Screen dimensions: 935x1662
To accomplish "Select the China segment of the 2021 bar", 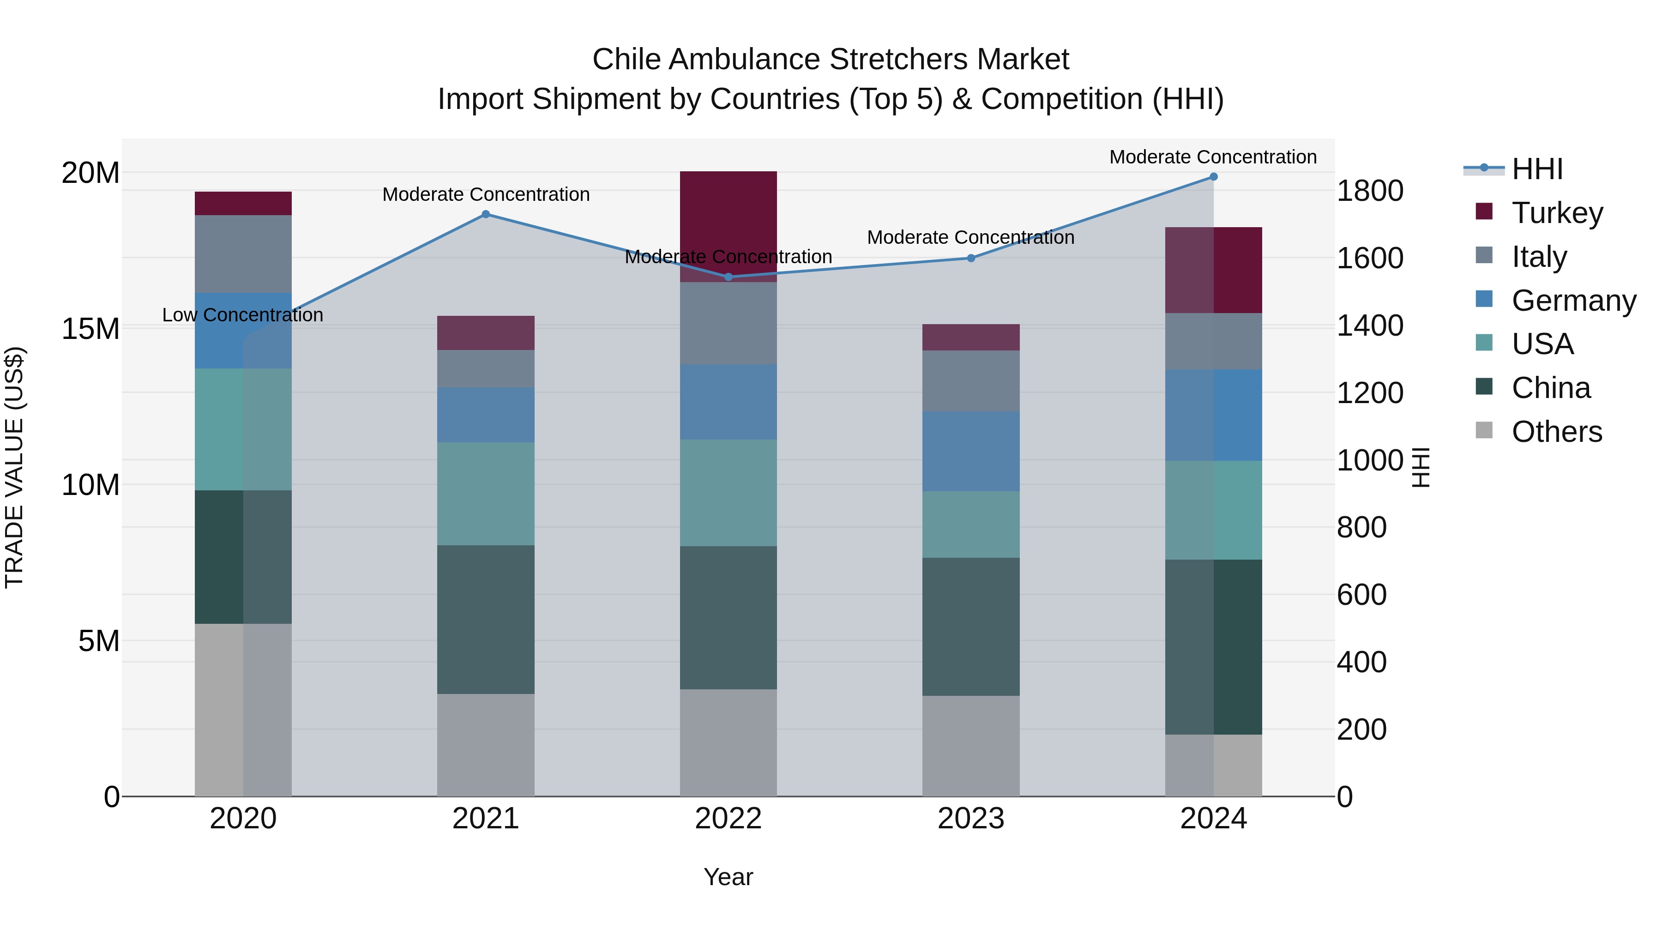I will pyautogui.click(x=486, y=620).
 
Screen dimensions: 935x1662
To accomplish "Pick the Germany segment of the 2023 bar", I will pyautogui.click(x=970, y=451).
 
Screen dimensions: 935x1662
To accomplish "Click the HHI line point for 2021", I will pyautogui.click(x=486, y=214).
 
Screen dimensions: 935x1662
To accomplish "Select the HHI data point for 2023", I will pyautogui.click(x=970, y=258).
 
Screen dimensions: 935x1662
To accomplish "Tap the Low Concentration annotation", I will pyautogui.click(x=242, y=315).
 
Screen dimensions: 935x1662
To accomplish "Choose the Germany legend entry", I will pyautogui.click(x=1573, y=301).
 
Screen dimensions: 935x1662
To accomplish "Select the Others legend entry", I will pyautogui.click(x=1556, y=432).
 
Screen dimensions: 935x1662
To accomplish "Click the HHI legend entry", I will pyautogui.click(x=1537, y=169).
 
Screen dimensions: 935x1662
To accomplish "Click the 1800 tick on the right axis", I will pyautogui.click(x=1369, y=191).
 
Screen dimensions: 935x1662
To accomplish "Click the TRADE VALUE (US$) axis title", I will pyautogui.click(x=14, y=467).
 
